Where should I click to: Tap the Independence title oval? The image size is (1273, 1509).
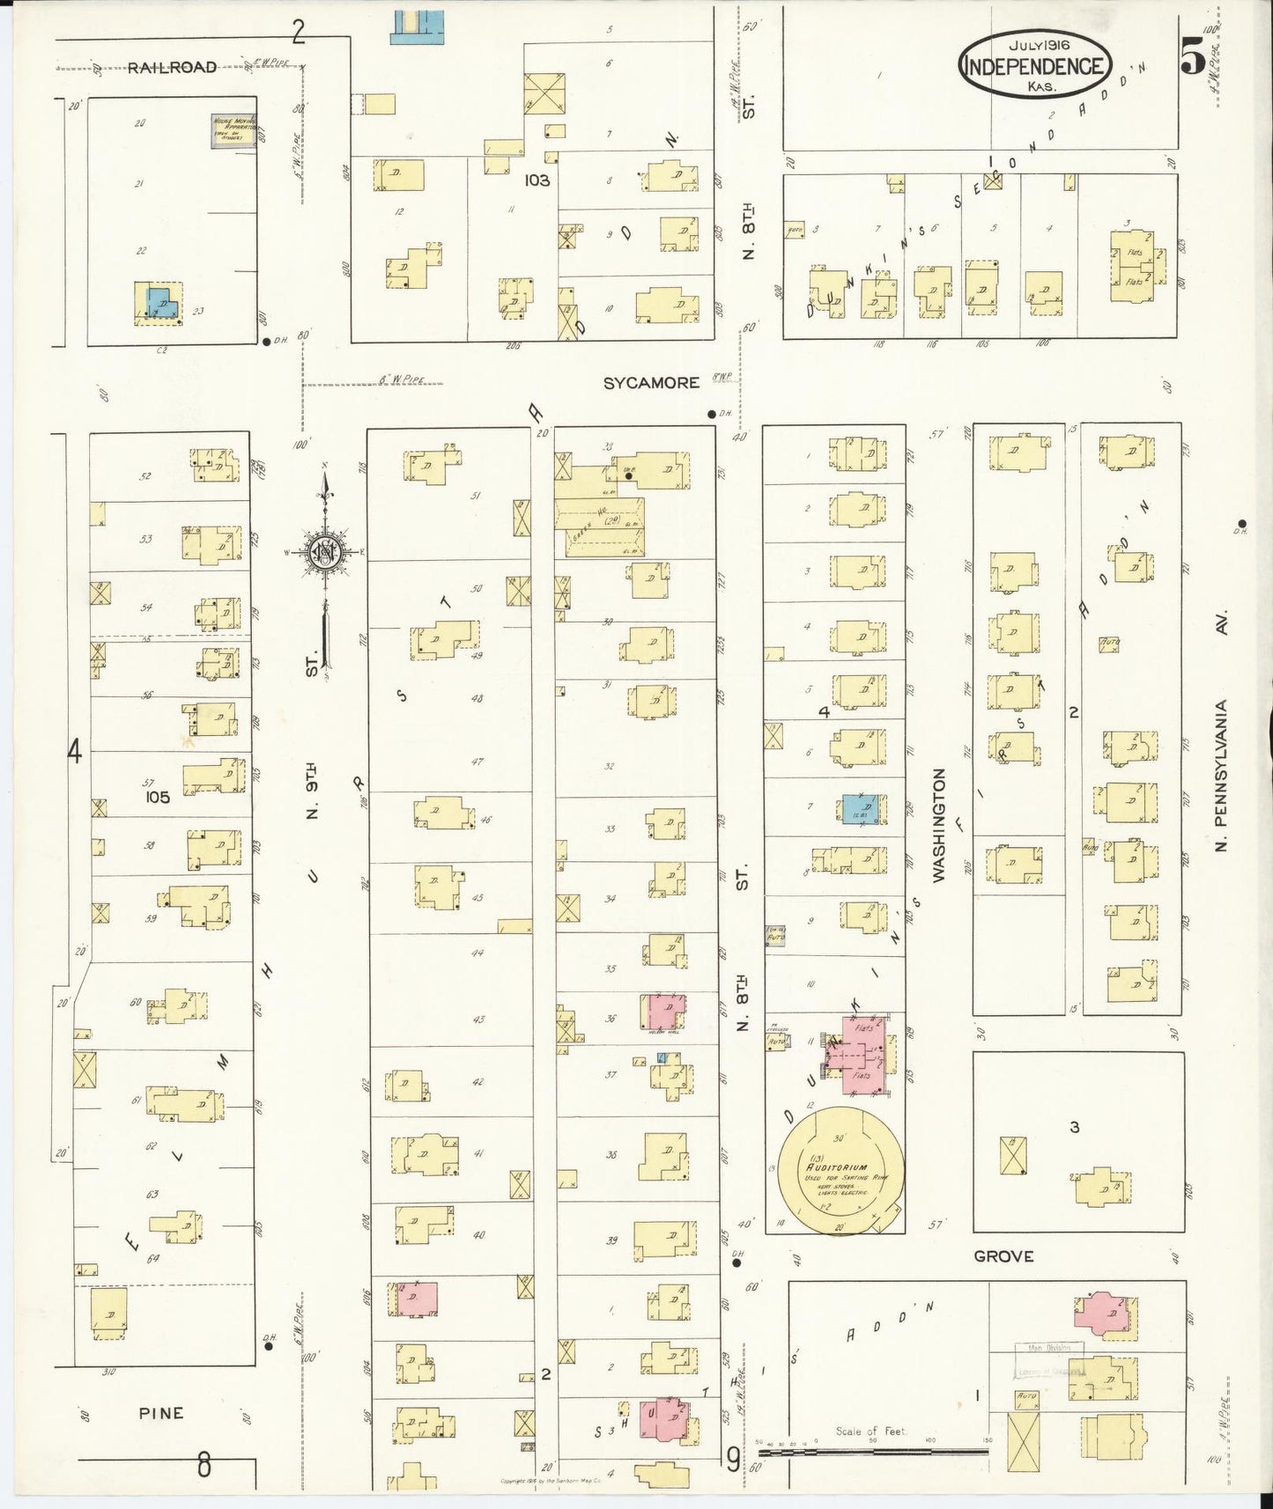(1035, 66)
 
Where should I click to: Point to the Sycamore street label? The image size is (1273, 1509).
(652, 383)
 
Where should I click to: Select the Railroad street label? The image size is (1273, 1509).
(172, 67)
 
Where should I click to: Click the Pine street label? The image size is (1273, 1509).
(161, 1413)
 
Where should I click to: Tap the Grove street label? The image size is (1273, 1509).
(1003, 1256)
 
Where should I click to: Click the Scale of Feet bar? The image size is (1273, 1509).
(872, 1445)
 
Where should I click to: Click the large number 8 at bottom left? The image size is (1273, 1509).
(204, 1466)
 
